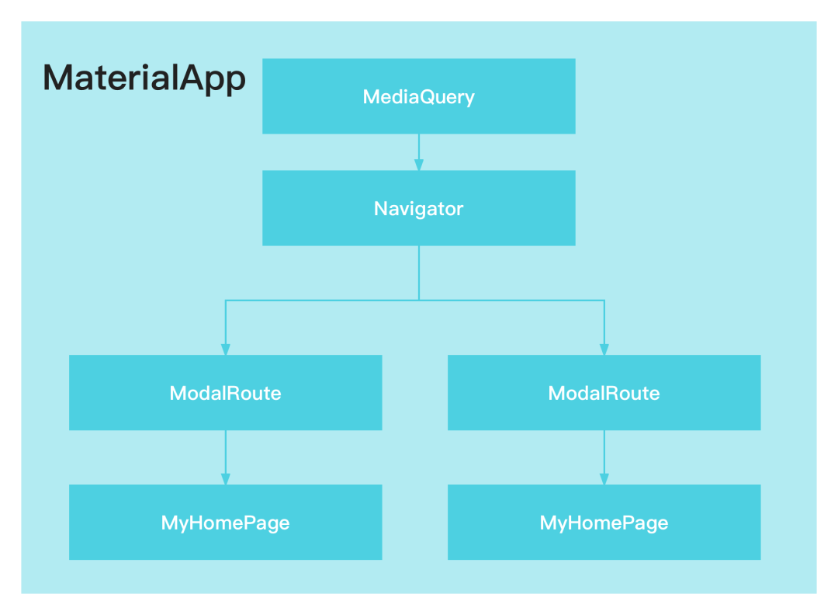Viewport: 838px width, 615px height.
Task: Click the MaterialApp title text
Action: tap(144, 78)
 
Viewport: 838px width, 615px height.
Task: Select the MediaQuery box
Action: tap(418, 96)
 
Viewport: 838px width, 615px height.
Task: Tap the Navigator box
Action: tap(418, 208)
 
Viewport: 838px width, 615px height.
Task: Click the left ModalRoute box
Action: tap(226, 393)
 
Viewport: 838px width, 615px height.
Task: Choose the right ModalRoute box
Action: tap(604, 393)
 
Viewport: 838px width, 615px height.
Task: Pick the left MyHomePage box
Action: tap(226, 522)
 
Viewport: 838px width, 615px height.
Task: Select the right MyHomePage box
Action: tap(604, 522)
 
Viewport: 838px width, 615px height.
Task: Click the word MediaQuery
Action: tap(418, 97)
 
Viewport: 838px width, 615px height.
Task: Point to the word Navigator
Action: tap(418, 209)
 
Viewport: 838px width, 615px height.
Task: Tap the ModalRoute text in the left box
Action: tap(226, 393)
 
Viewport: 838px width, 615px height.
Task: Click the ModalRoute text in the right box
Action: tap(604, 393)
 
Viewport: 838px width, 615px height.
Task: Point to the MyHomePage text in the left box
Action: tap(226, 523)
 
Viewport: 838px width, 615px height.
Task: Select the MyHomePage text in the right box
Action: tap(604, 523)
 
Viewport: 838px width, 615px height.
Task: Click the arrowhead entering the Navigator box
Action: tap(419, 165)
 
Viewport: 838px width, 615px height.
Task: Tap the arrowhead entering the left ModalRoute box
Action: tap(226, 349)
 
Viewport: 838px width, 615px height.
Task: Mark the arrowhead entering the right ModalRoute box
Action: tap(604, 349)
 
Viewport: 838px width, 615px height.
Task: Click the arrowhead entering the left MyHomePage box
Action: tap(226, 478)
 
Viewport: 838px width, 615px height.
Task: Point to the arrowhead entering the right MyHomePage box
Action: tap(604, 478)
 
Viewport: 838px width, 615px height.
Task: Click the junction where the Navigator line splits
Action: tap(419, 301)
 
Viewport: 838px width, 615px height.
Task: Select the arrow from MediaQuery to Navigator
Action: tap(419, 152)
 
